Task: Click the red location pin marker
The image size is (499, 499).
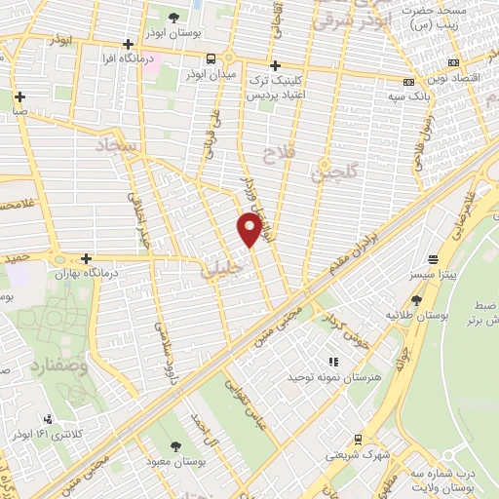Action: tap(249, 230)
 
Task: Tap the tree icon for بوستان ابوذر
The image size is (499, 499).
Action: tap(174, 18)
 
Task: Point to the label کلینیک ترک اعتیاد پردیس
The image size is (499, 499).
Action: tap(275, 86)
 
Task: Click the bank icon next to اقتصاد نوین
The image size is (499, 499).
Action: tap(408, 81)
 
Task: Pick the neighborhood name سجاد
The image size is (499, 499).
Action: tap(118, 149)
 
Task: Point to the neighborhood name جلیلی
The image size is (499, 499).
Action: tap(219, 269)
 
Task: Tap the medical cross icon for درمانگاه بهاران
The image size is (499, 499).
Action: tap(87, 259)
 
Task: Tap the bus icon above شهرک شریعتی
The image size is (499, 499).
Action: tap(357, 440)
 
